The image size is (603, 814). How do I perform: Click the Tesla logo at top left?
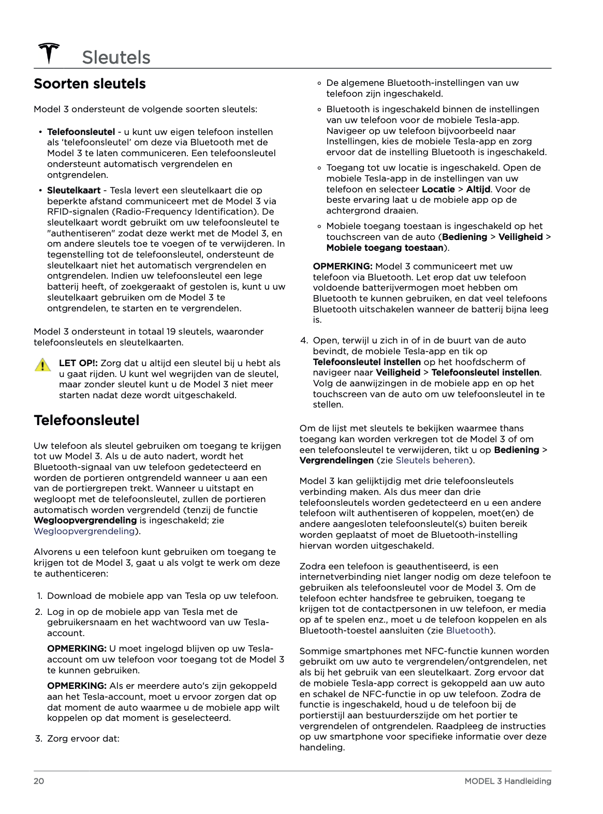(49, 53)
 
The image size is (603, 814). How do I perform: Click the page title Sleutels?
(115, 57)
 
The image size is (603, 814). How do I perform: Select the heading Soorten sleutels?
(90, 84)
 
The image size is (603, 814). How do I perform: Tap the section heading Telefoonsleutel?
(86, 420)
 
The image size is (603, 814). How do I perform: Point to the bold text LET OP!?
(78, 363)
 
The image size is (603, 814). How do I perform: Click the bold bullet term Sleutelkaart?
(73, 190)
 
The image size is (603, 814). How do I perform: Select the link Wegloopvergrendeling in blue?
(84, 531)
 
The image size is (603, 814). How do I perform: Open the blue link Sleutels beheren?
(432, 460)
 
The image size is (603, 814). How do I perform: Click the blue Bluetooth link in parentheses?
(468, 630)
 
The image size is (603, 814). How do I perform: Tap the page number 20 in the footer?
(39, 781)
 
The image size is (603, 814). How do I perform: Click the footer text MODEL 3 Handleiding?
(507, 781)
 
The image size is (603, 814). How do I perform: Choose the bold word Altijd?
(478, 189)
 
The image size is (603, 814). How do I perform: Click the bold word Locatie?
(438, 189)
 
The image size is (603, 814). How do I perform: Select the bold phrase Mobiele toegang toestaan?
(385, 248)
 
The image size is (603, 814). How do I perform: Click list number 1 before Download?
(39, 596)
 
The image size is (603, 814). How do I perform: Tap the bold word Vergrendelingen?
(336, 460)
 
